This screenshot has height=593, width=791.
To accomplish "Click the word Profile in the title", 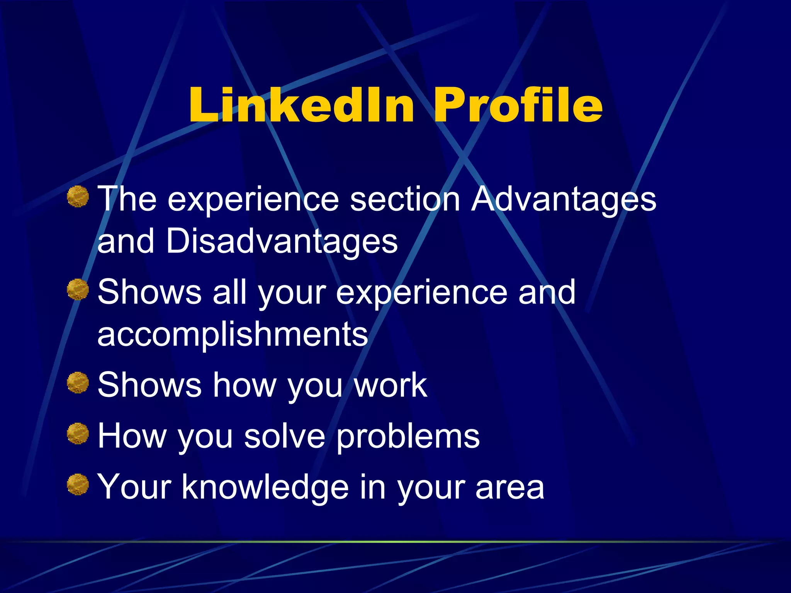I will point(518,105).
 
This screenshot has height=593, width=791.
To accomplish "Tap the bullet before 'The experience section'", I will point(78,196).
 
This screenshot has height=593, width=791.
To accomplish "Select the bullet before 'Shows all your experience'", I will point(78,289).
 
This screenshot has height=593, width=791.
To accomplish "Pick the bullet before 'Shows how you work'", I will point(78,382).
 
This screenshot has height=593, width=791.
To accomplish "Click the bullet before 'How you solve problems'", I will point(78,433).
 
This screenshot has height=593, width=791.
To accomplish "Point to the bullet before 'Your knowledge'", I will point(78,484).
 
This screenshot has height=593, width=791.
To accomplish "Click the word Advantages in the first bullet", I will point(564,200).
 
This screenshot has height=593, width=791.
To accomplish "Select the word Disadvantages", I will point(282,242).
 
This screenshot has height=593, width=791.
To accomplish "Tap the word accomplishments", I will point(233,334).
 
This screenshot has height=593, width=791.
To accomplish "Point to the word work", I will point(390,385).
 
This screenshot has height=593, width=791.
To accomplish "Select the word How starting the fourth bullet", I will point(132,436).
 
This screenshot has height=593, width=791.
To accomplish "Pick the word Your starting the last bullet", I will point(134,487).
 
